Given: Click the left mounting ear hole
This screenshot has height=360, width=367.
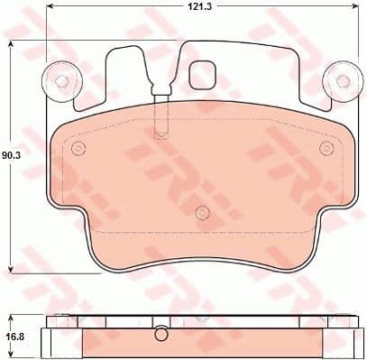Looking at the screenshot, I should [x=61, y=80].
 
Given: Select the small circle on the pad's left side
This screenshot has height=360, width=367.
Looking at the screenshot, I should [x=78, y=148].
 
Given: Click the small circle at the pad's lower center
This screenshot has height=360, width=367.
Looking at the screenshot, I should [x=201, y=214].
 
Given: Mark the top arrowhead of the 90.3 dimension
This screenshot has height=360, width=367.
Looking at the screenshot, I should [x=10, y=45].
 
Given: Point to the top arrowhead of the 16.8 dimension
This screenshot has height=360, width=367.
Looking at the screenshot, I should [x=10, y=316].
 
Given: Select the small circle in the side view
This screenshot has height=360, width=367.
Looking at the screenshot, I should [x=161, y=330].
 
